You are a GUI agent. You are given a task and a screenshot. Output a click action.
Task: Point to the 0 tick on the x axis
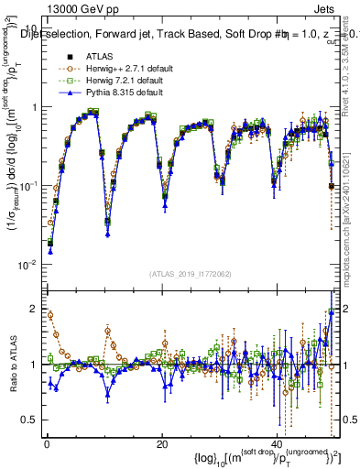[45, 443]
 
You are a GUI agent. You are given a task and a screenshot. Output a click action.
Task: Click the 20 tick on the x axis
[162, 443]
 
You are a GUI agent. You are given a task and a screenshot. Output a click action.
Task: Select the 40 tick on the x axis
[278, 443]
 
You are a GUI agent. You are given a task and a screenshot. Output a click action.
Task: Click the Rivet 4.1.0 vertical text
[352, 64]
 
